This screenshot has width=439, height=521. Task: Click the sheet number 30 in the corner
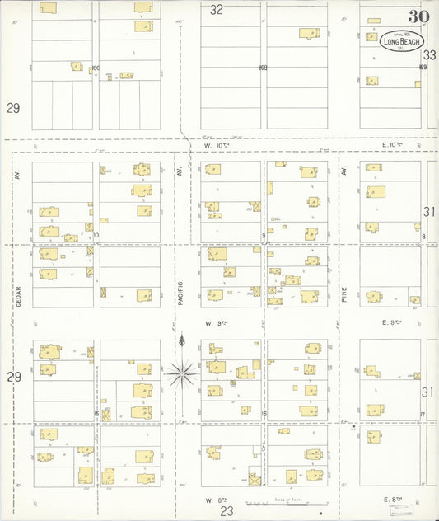[x=418, y=16]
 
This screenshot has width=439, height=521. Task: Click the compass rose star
[x=181, y=373]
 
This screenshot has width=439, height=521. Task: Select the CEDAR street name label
[x=16, y=296]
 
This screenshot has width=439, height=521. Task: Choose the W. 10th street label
[x=214, y=145]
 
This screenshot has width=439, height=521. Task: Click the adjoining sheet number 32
[x=217, y=11]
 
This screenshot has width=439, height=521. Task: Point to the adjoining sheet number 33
[x=429, y=54]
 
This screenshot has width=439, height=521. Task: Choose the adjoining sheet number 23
[x=227, y=511]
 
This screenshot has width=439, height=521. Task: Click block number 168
[x=264, y=68]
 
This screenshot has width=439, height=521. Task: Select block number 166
[x=96, y=68]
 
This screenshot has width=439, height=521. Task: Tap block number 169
[x=423, y=68]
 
